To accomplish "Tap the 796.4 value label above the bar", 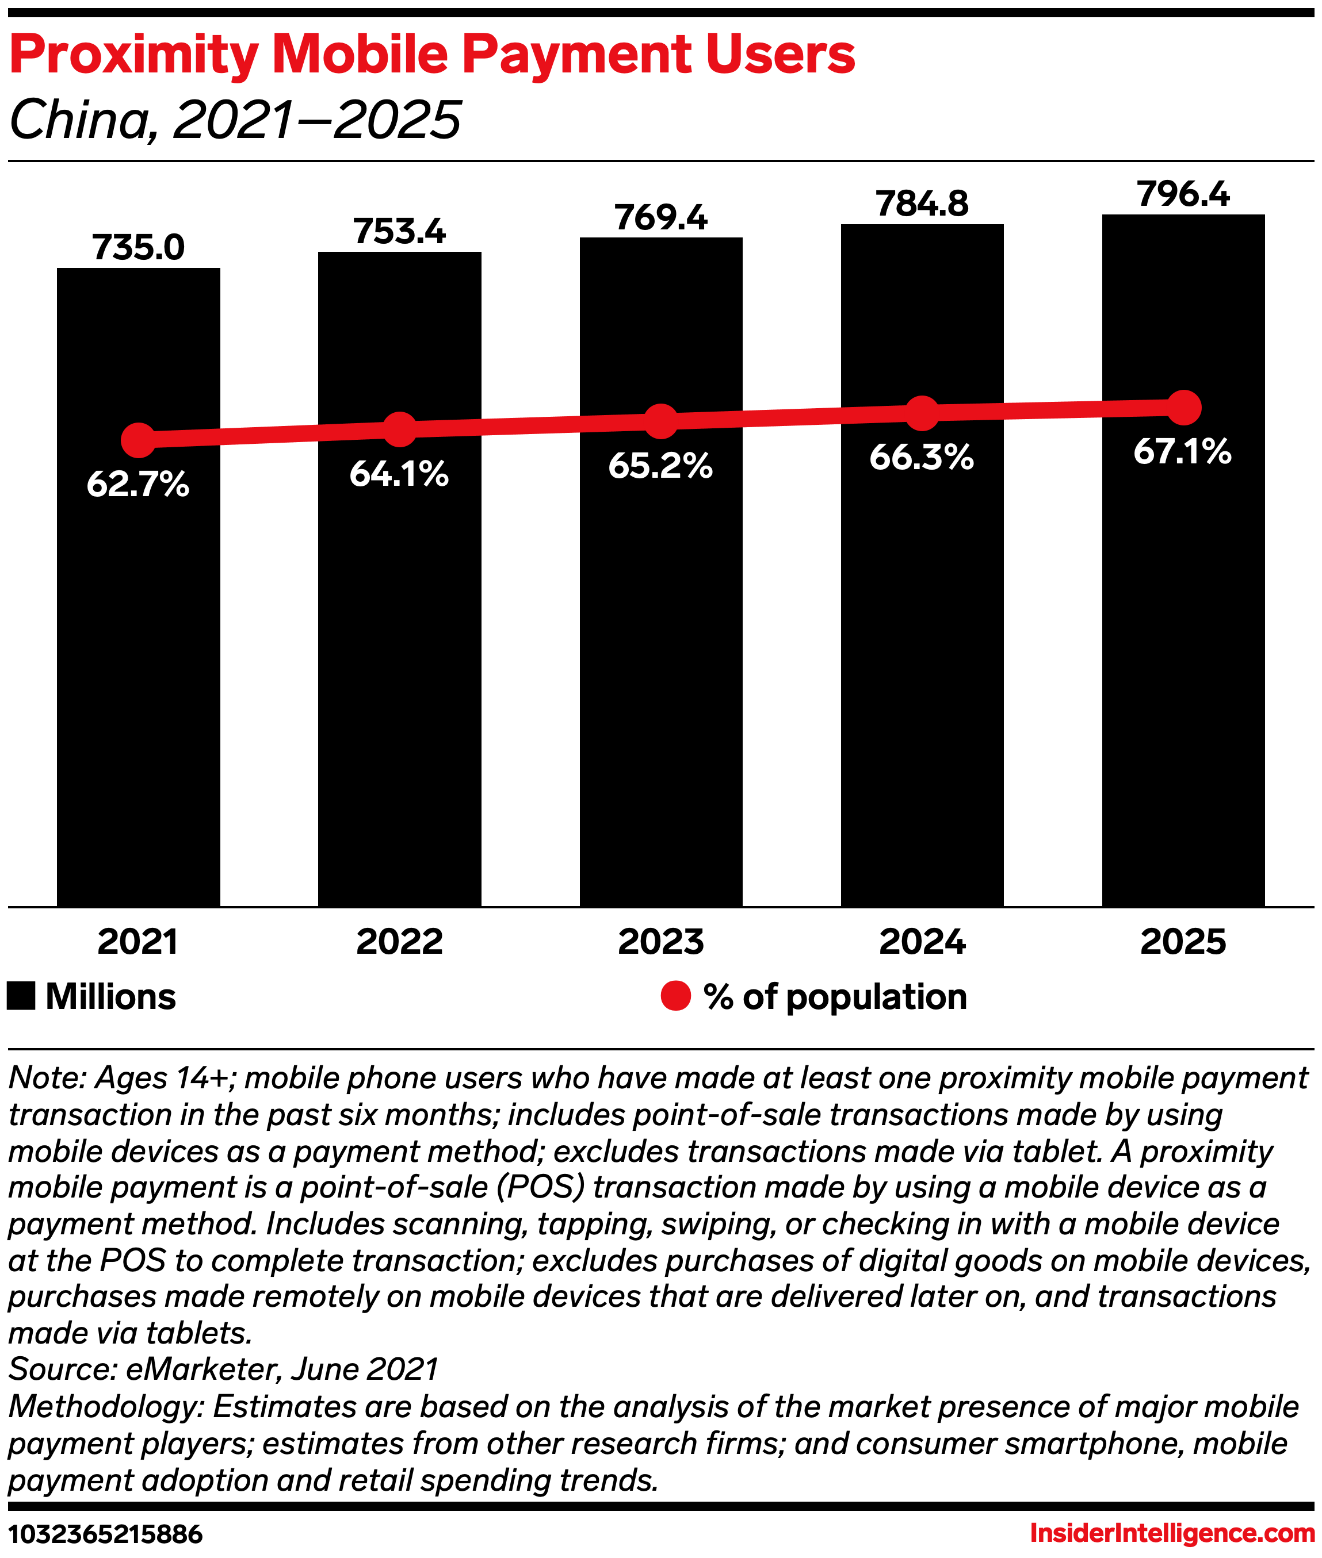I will tap(1183, 195).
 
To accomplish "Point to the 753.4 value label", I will tap(399, 232).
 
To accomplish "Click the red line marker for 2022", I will tap(399, 428).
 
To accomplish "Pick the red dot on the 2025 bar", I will tap(1183, 408).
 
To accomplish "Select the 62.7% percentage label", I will tap(138, 484).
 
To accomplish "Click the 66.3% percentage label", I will tap(922, 457).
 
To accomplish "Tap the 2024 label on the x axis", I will tap(922, 942).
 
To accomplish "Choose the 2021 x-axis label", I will tap(138, 942).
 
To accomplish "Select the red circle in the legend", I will tap(675, 996).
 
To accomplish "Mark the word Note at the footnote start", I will tap(47, 1079).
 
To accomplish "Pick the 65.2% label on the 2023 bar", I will tap(660, 466).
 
